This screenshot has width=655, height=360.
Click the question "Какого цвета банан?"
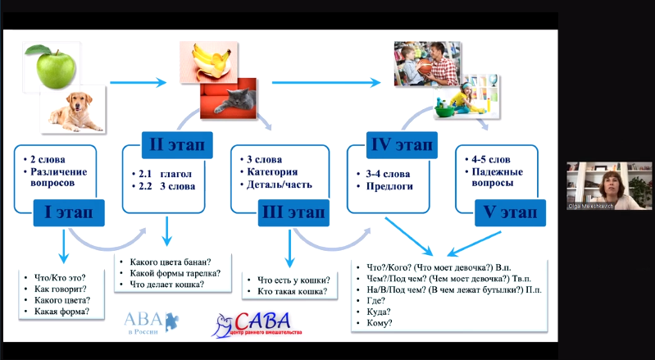[170, 261]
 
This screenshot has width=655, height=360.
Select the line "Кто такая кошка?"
[292, 292]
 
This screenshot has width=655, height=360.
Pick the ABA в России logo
[149, 321]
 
